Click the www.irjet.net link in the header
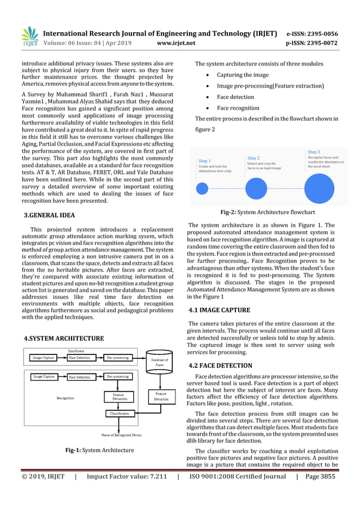click(x=177, y=42)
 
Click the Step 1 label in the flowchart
click(x=205, y=161)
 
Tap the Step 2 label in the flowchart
click(x=253, y=158)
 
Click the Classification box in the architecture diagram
click(x=119, y=413)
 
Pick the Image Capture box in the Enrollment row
click(x=43, y=358)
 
